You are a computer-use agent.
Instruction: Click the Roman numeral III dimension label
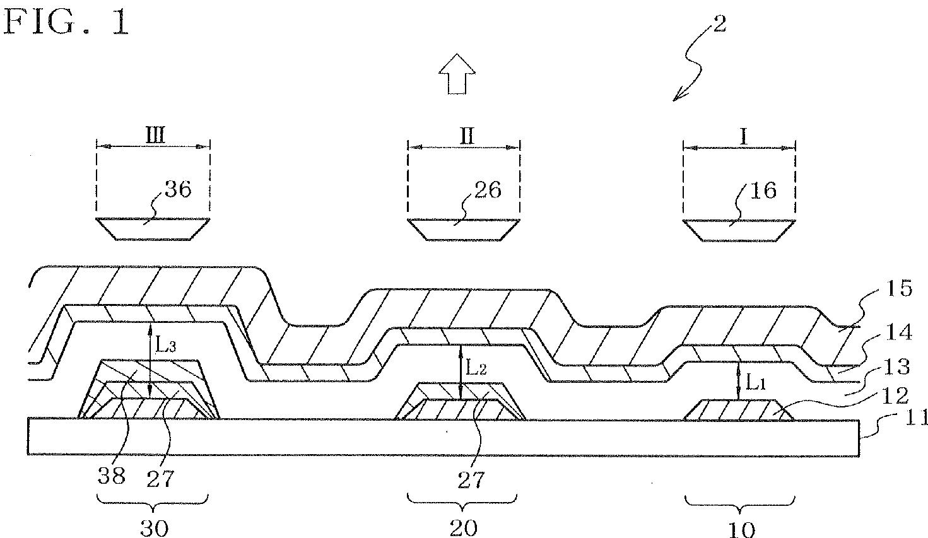pos(155,136)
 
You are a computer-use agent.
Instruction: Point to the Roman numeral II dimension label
pos(466,136)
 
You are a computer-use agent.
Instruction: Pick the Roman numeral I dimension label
pos(743,136)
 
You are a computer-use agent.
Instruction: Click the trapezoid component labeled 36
pos(152,228)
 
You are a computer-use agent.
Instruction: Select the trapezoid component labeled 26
pos(464,229)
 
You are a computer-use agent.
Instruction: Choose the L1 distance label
pos(756,382)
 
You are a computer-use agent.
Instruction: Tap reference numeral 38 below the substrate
pos(111,476)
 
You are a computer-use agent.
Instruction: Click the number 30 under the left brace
pos(153,527)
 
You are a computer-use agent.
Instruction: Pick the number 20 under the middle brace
pos(464,527)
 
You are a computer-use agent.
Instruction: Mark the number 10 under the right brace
pos(741,529)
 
